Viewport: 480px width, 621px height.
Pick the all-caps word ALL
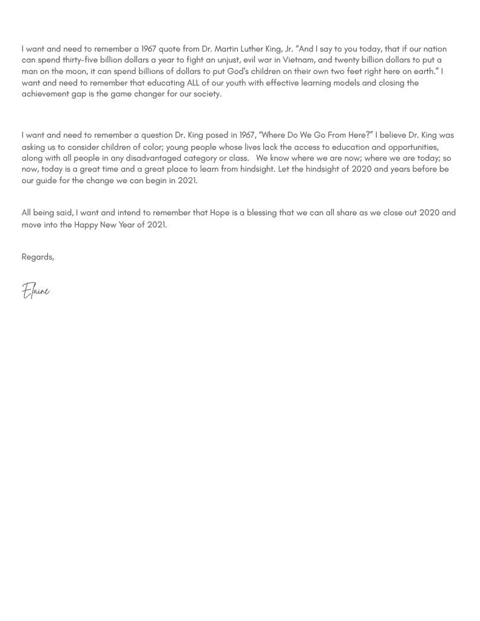tap(188, 82)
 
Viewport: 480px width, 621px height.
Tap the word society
tap(207, 94)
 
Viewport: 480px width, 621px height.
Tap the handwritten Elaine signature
tap(36, 291)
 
